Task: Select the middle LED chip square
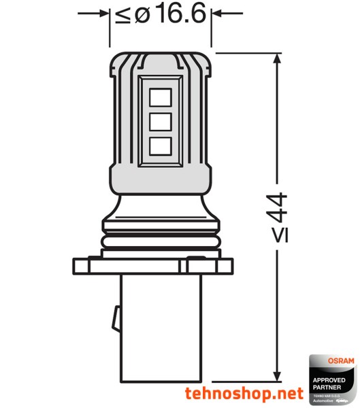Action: (x=159, y=122)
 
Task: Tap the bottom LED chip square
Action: (x=159, y=145)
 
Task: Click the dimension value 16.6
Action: (x=179, y=14)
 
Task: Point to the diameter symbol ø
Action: (x=142, y=15)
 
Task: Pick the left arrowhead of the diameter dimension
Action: (x=104, y=13)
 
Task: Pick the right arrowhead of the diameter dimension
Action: (x=216, y=13)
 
